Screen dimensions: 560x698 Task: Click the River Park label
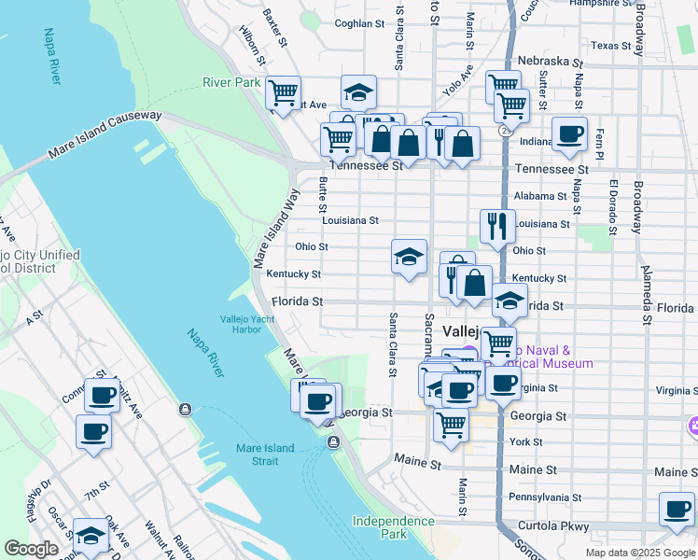click(231, 83)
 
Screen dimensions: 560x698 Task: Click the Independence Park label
click(381, 527)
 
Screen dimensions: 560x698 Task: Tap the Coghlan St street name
click(359, 23)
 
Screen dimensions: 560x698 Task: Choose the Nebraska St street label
click(550, 61)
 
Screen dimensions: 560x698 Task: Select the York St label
click(526, 441)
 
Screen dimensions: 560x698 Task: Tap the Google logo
click(31, 549)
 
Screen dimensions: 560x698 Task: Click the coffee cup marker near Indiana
click(569, 133)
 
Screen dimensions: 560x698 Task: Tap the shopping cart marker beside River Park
click(283, 92)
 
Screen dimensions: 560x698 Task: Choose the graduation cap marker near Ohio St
click(409, 257)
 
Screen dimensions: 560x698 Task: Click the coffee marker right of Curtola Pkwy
click(677, 509)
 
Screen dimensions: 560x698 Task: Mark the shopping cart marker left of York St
click(452, 425)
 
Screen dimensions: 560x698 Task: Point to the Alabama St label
click(540, 197)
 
